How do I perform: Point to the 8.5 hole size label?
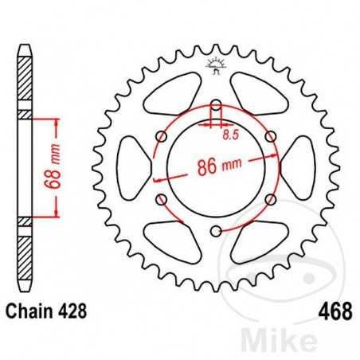[231, 136]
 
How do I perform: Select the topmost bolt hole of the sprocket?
[216, 104]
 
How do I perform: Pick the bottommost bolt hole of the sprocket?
[216, 232]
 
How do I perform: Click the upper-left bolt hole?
[161, 136]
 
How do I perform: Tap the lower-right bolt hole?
[272, 199]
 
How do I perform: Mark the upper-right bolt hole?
[272, 136]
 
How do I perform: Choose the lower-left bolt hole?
[161, 199]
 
